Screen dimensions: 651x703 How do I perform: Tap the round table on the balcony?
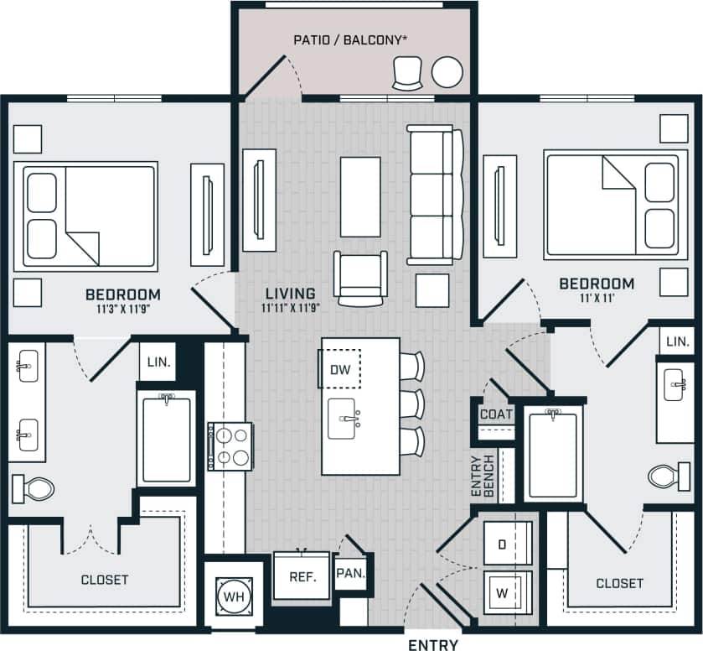[x=447, y=72]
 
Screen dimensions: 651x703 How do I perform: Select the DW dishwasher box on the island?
[x=339, y=369]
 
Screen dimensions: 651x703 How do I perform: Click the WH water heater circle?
[x=232, y=596]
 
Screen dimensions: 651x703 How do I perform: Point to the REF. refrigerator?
[x=301, y=576]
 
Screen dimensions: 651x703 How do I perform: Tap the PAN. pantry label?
[x=352, y=575]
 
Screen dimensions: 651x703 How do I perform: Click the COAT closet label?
[x=496, y=414]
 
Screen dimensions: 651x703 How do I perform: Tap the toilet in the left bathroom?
[x=32, y=487]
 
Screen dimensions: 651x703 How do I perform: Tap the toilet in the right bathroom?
[x=668, y=477]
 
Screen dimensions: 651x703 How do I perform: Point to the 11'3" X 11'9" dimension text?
[x=122, y=309]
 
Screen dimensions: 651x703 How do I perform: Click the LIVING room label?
[x=290, y=294]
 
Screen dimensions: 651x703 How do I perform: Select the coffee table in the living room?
[x=361, y=196]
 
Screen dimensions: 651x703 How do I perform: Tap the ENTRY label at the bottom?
[x=432, y=644]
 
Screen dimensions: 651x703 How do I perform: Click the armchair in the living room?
[x=360, y=276]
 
